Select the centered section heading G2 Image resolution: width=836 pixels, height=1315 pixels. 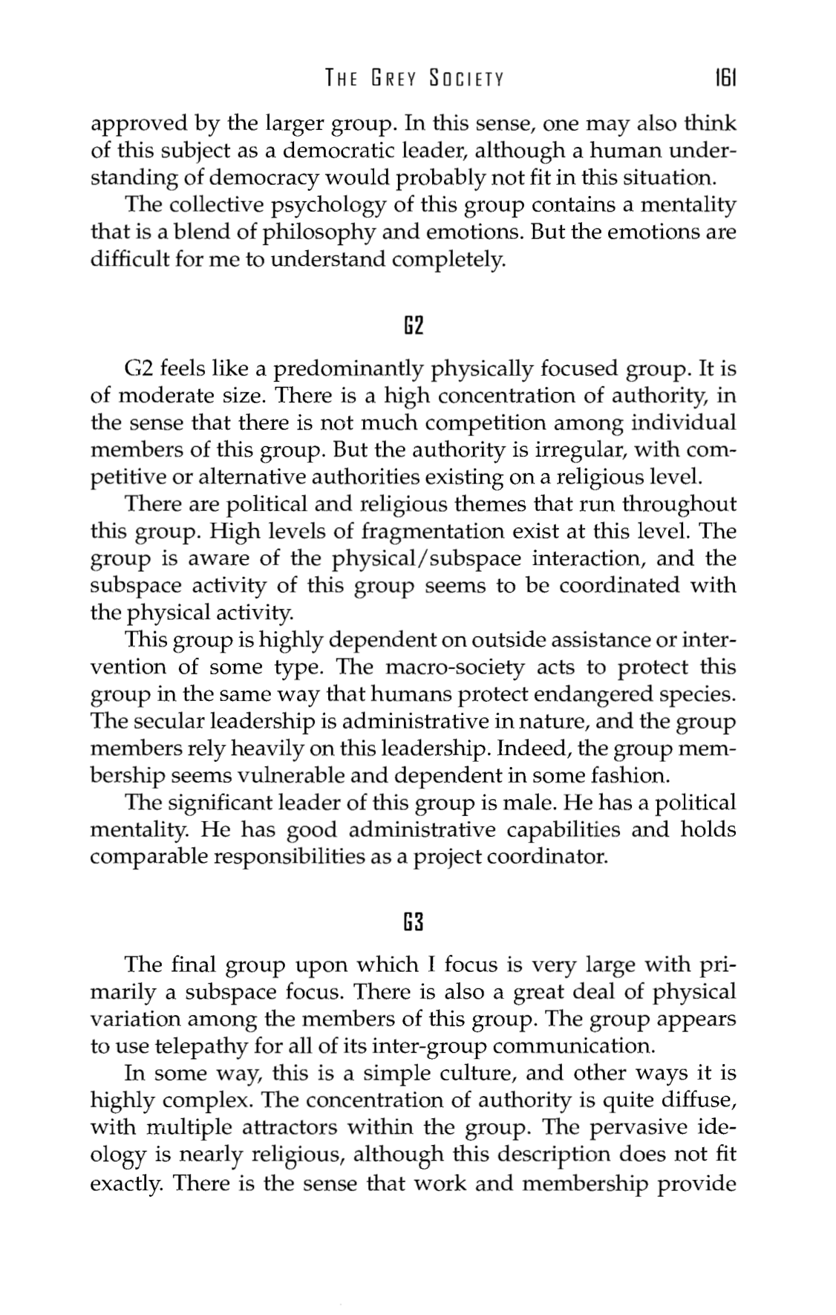[414, 325]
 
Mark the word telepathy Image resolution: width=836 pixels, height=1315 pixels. [196, 1047]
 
